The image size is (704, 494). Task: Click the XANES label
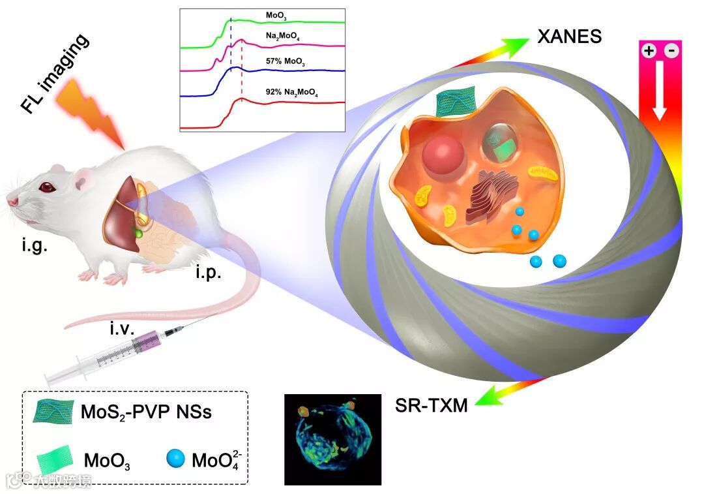pos(569,36)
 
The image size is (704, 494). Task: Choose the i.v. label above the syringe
pos(122,330)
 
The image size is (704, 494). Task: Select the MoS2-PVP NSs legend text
pos(146,412)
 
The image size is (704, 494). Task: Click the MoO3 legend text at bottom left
pos(107,461)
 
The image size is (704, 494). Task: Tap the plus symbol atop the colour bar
pos(649,51)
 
